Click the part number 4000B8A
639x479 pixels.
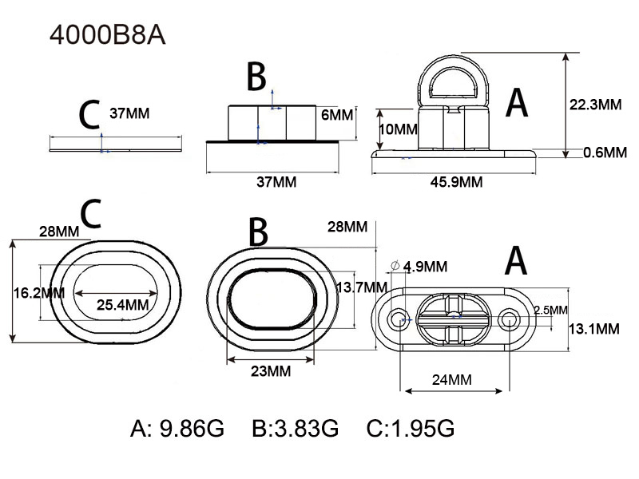point(107,36)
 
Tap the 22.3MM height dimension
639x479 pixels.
point(596,105)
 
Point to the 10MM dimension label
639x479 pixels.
point(396,129)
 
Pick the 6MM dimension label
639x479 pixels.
point(335,114)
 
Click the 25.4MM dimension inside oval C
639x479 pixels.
point(122,304)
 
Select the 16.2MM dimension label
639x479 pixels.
point(38,293)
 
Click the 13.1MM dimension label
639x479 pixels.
point(593,328)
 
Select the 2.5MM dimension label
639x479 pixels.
point(550,309)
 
